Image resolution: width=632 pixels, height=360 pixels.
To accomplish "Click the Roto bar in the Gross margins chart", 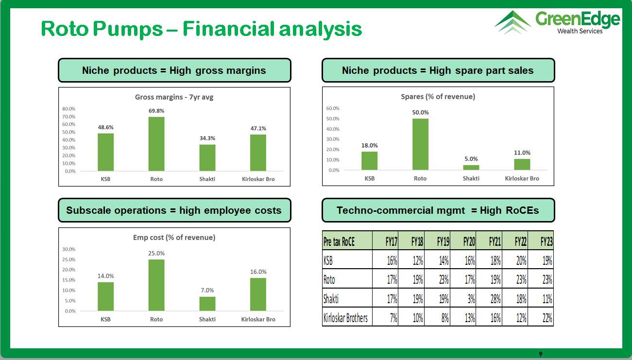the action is point(156,144).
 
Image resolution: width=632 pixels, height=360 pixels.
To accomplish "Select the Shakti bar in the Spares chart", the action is point(471,167).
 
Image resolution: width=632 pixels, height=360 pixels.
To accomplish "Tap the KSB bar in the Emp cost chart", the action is point(106,296).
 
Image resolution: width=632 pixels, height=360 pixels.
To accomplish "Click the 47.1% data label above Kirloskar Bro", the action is point(258,128).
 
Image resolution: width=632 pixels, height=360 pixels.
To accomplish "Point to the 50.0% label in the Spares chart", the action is point(420,112).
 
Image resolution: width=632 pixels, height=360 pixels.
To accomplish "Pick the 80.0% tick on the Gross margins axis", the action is point(69,109).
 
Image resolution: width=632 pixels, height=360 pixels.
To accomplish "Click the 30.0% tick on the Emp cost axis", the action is point(69,249).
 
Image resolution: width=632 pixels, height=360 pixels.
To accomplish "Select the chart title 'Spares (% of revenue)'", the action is point(438,97).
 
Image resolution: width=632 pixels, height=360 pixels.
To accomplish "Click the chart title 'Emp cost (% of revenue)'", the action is point(174,237).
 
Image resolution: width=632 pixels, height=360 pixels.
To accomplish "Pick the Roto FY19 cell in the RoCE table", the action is point(437,279).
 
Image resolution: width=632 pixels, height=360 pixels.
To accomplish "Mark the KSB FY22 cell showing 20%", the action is point(515,259).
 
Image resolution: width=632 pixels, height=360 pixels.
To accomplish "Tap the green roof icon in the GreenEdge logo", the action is point(512,22).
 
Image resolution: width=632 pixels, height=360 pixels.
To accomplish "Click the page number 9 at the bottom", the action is point(541,354).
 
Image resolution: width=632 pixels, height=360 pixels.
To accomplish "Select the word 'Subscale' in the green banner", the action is point(88,210).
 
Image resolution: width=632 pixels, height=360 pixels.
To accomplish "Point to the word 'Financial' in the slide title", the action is point(228,29).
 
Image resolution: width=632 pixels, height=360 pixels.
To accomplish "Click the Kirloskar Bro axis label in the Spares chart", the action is point(522,178).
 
